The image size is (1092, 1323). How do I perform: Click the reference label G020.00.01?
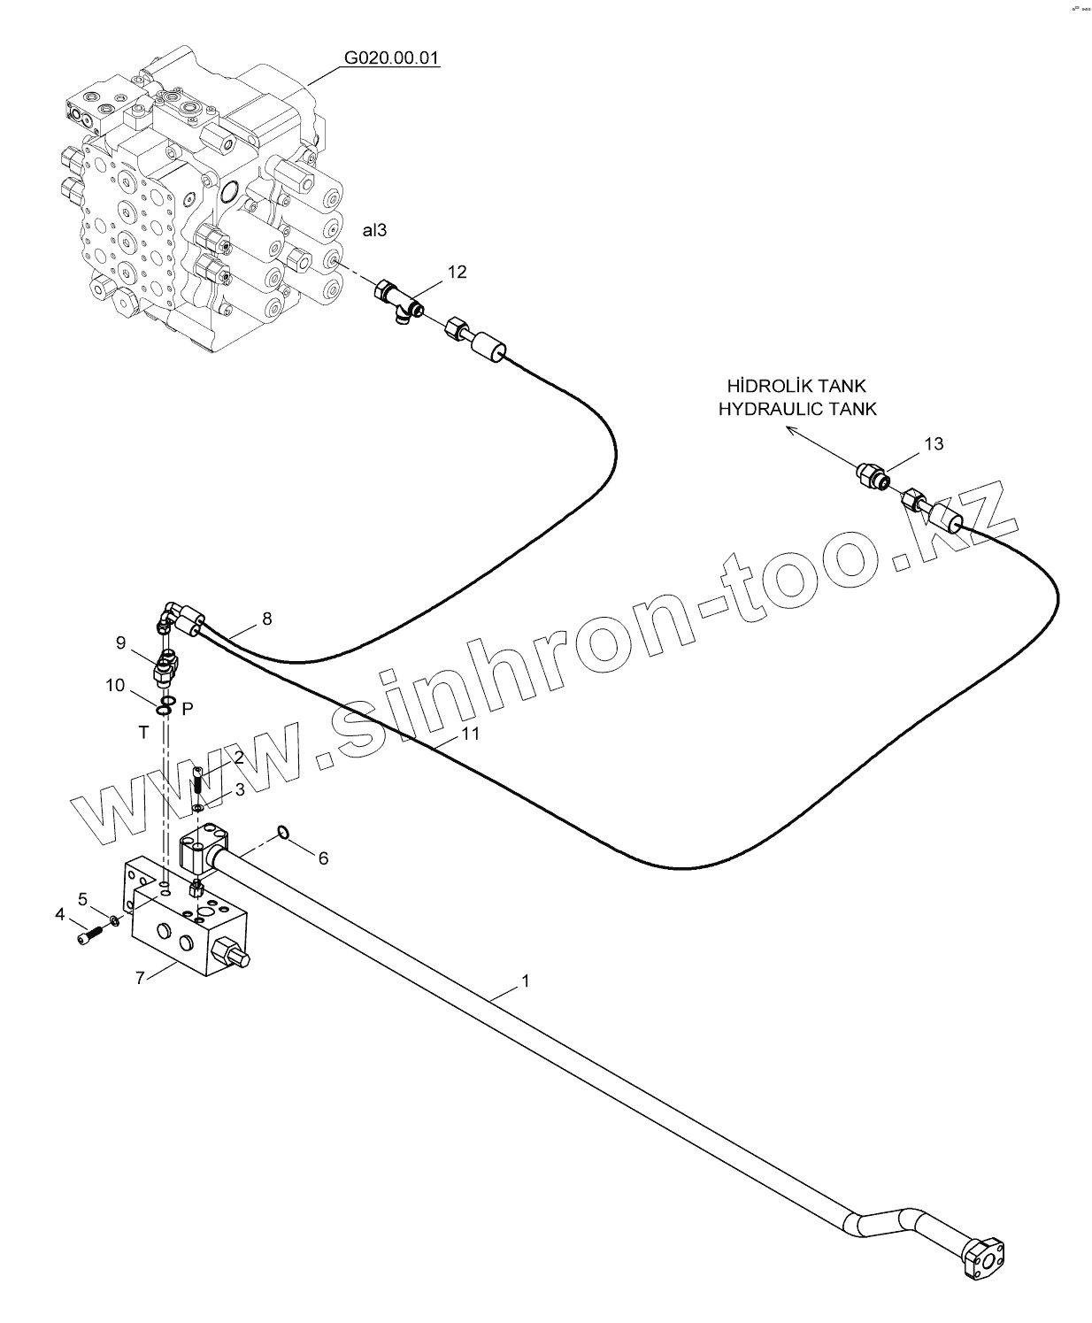point(391,59)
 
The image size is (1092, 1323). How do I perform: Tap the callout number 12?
point(457,272)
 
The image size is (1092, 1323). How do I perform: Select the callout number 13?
point(934,443)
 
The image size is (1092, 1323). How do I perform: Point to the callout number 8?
point(267,619)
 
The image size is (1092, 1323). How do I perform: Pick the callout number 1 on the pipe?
point(526,981)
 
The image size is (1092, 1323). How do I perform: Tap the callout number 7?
point(140,978)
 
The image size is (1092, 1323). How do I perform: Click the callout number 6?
point(323,858)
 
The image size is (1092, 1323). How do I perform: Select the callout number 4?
point(60,913)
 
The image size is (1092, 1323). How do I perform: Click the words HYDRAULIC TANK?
point(796,409)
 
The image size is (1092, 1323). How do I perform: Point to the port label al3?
point(374,230)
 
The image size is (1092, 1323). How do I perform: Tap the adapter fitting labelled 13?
point(873,475)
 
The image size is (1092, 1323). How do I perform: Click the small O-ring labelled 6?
point(282,831)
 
